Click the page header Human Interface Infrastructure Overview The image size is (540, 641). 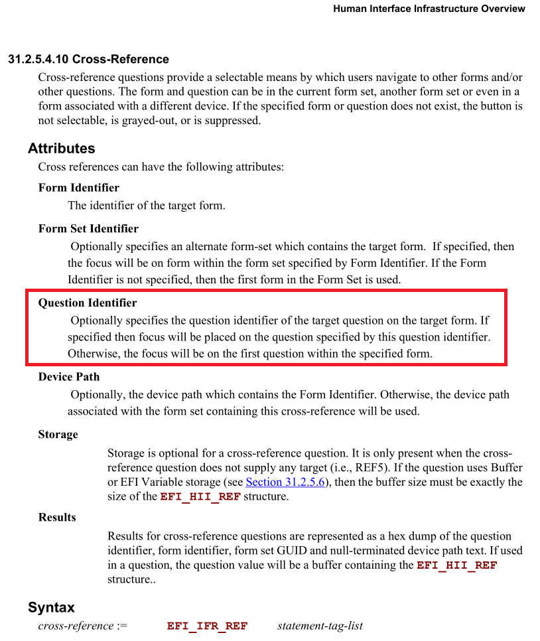coord(429,9)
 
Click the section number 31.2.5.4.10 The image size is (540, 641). coord(38,59)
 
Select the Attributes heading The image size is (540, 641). coord(62,148)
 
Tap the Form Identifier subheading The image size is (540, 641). coord(79,188)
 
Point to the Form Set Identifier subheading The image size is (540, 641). coord(88,229)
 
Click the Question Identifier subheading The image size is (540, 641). coord(88,303)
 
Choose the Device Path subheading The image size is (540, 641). coord(69,377)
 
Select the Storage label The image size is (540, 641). coord(58,435)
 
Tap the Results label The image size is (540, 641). coord(57,518)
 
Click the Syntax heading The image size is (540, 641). coord(51,607)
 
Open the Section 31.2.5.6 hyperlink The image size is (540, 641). coord(285,482)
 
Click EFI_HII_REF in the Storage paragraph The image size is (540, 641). coord(200,497)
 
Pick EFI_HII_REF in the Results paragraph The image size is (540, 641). coord(457,566)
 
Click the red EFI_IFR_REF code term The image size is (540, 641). coord(207,626)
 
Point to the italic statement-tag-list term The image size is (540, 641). coord(320,626)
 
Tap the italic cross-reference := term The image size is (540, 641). coord(82,626)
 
